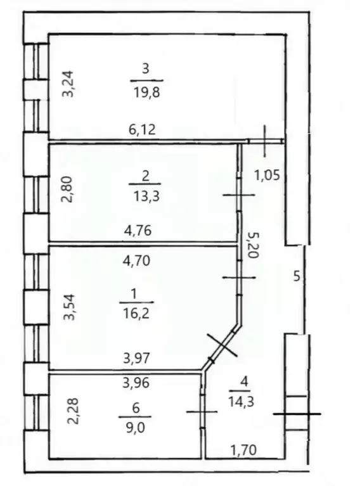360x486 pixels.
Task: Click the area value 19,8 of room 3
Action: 147,92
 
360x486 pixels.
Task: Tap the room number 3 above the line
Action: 146,69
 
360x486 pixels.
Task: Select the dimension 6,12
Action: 142,129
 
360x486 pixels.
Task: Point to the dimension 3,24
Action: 68,84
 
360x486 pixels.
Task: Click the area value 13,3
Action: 146,196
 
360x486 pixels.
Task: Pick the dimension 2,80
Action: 67,189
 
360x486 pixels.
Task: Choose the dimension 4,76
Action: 138,231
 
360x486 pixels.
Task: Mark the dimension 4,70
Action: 136,260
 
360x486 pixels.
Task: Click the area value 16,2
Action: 136,314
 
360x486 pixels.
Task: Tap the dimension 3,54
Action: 69,307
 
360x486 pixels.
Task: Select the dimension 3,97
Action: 136,359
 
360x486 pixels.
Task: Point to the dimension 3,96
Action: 136,383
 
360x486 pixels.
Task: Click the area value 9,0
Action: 136,428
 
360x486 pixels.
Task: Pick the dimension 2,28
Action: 74,411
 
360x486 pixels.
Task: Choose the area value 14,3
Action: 241,402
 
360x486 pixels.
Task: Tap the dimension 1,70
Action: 243,450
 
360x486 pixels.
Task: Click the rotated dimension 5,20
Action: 252,245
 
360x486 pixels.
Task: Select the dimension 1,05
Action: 267,176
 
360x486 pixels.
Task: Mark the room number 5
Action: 297,276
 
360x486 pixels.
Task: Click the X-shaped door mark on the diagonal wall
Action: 222,345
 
